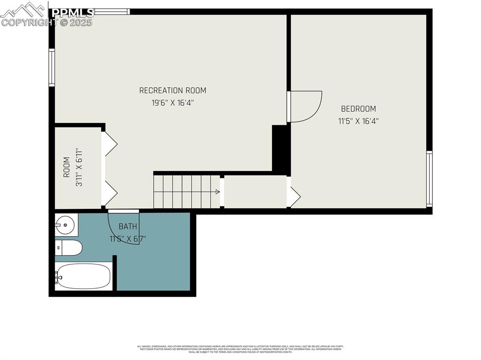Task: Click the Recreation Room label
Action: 172,90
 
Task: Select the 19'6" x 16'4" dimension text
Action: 172,103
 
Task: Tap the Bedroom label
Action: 358,108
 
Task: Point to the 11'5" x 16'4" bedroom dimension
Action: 358,121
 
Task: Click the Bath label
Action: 128,226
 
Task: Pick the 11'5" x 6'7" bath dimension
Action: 128,238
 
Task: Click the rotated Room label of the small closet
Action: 66,167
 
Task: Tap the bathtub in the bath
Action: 84,276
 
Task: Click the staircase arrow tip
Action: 218,191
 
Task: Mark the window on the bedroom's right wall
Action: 429,178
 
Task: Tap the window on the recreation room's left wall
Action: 52,68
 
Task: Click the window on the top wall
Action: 111,11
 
